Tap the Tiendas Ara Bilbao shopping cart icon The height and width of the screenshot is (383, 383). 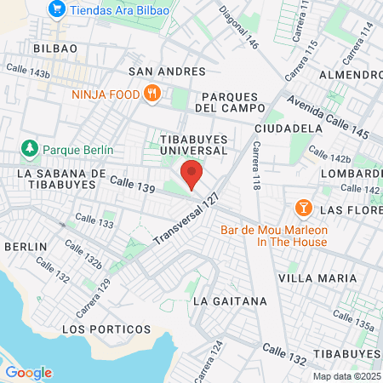point(58,9)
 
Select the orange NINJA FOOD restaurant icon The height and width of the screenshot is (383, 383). point(153,94)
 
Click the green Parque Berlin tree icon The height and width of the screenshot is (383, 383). point(30,149)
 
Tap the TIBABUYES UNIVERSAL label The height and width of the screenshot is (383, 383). point(193,143)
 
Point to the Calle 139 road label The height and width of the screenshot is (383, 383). point(130,186)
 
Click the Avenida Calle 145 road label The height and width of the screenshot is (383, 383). point(328,117)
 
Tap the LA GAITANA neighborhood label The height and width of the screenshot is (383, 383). point(230,301)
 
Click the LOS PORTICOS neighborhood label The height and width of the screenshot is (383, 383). point(106,329)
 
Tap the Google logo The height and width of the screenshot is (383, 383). point(28,373)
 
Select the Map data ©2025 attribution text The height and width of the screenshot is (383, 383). point(346,376)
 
